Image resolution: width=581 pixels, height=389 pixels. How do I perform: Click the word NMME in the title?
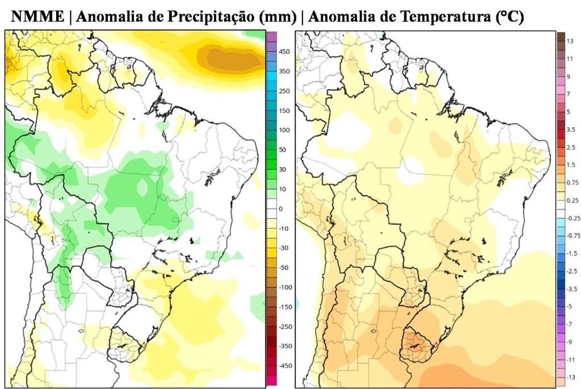pos(37,18)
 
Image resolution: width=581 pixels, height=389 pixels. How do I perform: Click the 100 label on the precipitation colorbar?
pos(284,130)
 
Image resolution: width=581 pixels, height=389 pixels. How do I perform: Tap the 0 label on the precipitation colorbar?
pos(280,209)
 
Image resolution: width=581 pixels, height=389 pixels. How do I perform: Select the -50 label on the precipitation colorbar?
pos(284,268)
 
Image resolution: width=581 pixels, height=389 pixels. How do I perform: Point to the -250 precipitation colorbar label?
pos(285,327)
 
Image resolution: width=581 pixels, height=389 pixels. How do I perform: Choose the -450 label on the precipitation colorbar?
pos(285,366)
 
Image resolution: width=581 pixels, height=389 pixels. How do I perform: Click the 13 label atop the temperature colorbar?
pos(570,41)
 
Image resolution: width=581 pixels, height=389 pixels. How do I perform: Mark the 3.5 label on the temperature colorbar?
pos(571,130)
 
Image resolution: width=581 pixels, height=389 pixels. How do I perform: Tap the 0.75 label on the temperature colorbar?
pos(572,183)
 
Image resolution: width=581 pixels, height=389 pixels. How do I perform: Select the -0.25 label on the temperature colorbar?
pos(573,218)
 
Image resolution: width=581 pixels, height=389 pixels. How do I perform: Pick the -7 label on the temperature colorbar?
pos(570,324)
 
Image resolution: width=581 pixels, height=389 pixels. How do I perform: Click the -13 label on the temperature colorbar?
pos(571,377)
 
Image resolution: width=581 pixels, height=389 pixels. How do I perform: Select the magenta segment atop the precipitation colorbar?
pos(271,37)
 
